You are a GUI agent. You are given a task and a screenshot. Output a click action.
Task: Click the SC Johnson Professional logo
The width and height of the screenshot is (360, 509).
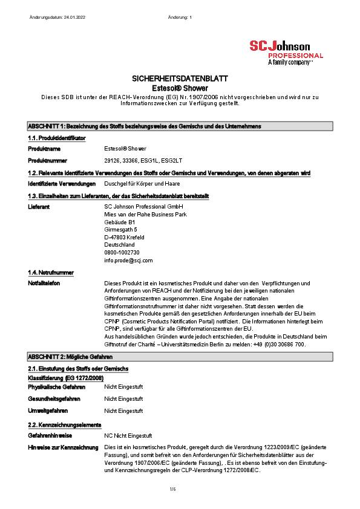coord(286,53)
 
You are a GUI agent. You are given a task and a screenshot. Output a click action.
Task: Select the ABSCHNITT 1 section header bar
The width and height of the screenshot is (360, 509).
coord(180,126)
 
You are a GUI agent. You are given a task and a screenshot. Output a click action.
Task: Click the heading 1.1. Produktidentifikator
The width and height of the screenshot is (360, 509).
coord(57,138)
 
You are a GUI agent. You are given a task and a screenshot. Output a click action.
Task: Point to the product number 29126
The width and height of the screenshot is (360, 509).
coord(112,160)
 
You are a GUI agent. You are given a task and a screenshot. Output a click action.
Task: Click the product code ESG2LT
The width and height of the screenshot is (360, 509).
coord(172,160)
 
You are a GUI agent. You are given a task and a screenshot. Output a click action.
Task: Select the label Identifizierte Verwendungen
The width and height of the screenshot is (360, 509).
coord(62,183)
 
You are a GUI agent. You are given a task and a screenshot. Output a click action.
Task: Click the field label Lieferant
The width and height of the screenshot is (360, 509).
coord(39,206)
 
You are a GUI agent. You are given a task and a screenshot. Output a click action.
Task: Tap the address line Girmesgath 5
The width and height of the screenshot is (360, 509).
coord(120,230)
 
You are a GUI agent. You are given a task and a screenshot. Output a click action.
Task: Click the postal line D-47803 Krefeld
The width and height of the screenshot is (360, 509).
coord(124,238)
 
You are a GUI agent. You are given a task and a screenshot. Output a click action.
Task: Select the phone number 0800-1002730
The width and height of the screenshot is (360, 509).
coord(122,252)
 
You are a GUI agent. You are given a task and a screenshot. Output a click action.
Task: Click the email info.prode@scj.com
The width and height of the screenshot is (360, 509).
coord(128,260)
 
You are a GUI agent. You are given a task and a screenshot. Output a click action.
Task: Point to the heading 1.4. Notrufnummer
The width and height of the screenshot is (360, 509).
coord(51,273)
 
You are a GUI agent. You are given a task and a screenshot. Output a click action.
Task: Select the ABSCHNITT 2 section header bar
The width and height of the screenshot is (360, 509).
coord(180,357)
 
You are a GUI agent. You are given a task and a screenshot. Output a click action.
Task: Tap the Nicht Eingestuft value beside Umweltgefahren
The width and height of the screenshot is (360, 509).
coord(123,410)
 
